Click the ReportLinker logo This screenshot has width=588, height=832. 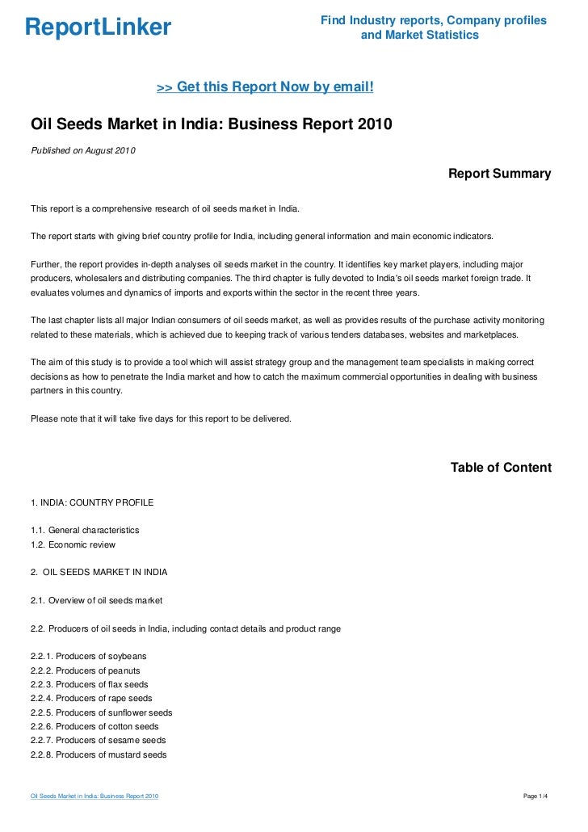98,27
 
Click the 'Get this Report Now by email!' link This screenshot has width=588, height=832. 265,86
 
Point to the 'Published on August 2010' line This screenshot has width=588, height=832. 83,151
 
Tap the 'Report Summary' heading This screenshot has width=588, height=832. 499,174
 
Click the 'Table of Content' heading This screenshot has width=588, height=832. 501,468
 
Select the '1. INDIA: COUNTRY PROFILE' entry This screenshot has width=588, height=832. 92,502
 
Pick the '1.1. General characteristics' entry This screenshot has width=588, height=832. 85,530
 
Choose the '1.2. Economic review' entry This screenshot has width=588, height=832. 73,544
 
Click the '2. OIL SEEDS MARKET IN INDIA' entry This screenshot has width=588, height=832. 99,572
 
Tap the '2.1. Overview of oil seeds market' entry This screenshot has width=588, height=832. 96,600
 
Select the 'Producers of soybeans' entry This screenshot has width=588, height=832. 89,656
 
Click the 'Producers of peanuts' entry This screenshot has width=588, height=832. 86,670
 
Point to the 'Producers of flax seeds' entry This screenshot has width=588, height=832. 90,684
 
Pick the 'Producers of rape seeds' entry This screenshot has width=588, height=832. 91,698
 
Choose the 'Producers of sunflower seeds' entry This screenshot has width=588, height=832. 101,712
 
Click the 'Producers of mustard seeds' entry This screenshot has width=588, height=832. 99,754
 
